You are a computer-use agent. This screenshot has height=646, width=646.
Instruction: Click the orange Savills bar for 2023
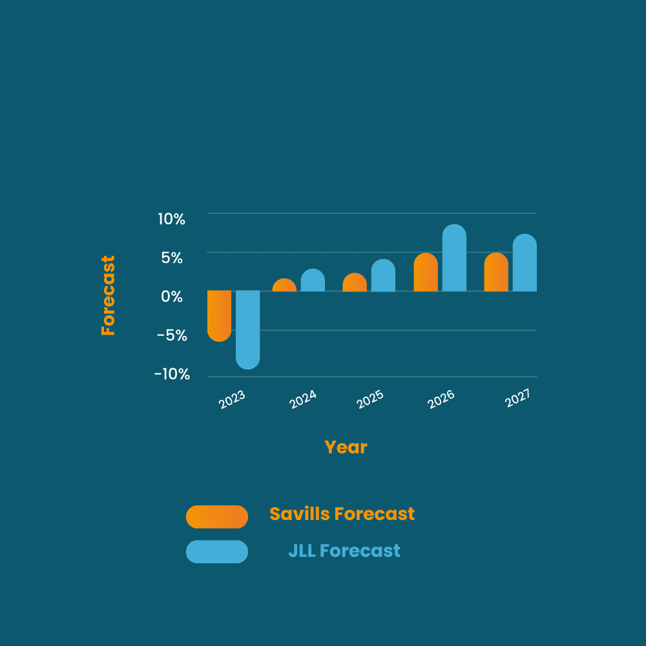tap(219, 316)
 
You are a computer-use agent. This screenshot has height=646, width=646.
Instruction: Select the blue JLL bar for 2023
tap(247, 329)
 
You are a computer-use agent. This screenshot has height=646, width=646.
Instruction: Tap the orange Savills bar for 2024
tap(284, 285)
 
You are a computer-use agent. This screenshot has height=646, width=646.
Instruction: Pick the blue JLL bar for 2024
tap(313, 280)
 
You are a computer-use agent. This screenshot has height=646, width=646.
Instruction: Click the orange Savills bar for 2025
tap(355, 282)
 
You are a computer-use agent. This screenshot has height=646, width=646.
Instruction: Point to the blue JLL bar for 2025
tap(383, 275)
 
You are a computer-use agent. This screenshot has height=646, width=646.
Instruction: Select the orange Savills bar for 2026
tap(426, 272)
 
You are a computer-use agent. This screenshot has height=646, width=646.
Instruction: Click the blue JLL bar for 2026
tap(454, 258)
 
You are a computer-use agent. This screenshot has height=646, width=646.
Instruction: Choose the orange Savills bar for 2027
tap(496, 272)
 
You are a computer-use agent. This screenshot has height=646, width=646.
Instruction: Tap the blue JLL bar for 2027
tap(525, 263)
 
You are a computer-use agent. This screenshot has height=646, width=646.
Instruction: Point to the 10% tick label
tap(171, 219)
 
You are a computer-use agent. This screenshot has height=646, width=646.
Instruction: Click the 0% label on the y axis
tap(172, 297)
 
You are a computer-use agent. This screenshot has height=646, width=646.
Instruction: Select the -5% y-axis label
tap(172, 335)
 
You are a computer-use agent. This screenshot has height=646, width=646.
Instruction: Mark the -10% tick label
tap(172, 374)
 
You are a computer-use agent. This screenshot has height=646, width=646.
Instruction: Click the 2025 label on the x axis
tap(370, 399)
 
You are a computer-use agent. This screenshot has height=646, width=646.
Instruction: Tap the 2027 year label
tap(517, 398)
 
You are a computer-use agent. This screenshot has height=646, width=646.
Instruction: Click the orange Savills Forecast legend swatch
tap(216, 517)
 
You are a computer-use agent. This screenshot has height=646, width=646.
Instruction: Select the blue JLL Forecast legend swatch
tap(216, 552)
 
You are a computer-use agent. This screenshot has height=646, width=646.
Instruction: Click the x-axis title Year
tap(346, 448)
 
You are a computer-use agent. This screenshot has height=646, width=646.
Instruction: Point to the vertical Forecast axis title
tap(108, 295)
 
